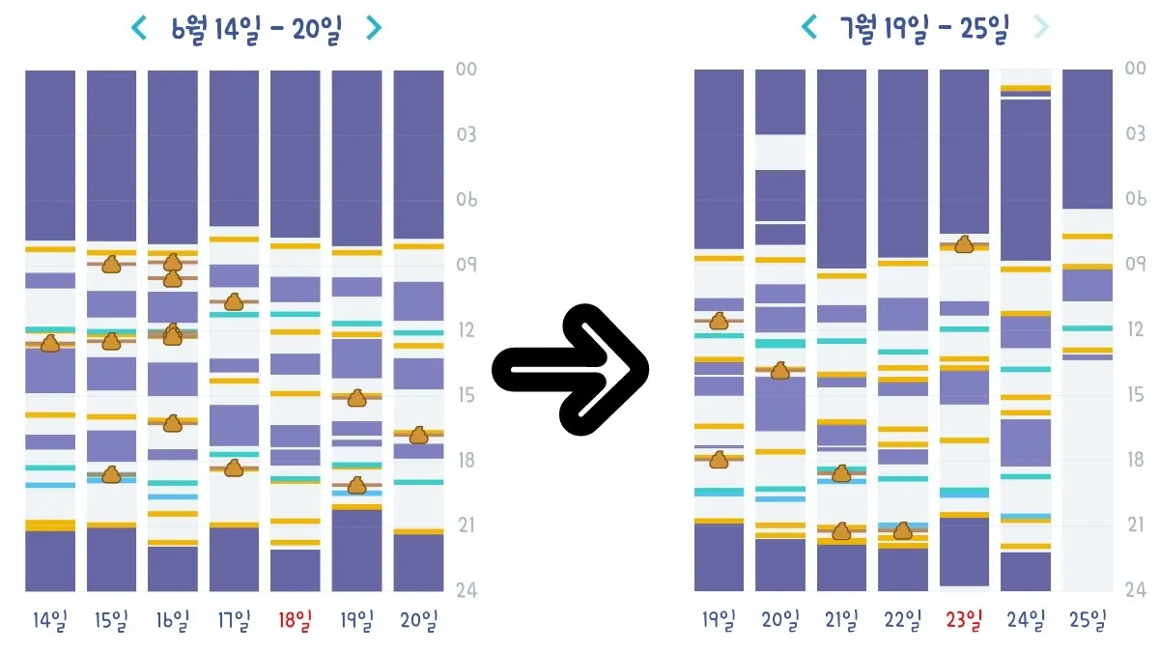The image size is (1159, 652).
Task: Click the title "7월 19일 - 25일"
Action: [924, 28]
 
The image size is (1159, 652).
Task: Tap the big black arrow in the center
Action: [571, 369]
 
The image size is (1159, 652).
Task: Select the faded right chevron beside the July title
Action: [1040, 27]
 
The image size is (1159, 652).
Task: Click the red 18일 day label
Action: [295, 620]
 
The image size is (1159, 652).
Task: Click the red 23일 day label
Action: [964, 619]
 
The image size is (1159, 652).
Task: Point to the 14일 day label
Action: [49, 620]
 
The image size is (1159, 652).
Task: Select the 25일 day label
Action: [1088, 619]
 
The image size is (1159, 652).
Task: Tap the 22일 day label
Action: [903, 619]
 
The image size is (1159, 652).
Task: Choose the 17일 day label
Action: [234, 620]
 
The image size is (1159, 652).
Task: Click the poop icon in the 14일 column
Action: [50, 344]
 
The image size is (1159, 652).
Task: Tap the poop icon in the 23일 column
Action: [965, 244]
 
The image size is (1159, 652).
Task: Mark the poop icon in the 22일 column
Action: [903, 531]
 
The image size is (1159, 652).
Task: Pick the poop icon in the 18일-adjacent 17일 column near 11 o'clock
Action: [234, 301]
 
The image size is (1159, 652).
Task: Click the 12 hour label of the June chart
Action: [466, 330]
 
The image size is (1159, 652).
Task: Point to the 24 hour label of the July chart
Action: [1136, 589]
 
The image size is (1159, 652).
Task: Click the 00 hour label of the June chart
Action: [466, 70]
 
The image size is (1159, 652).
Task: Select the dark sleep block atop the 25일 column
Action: [1088, 139]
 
